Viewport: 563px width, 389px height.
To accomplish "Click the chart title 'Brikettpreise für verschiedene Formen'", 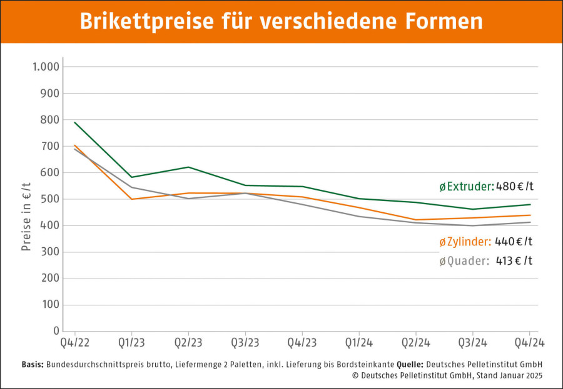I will (281, 21).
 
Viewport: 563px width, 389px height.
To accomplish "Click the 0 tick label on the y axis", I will (56, 332).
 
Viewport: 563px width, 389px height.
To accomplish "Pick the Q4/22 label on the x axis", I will (74, 343).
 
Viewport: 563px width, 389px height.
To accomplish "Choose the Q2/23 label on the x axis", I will (188, 343).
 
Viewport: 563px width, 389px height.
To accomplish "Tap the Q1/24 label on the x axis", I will (359, 343).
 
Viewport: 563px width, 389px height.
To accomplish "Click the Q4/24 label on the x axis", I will (528, 343).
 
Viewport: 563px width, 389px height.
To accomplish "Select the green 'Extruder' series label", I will (467, 187).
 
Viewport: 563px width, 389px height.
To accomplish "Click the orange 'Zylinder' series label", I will (465, 242).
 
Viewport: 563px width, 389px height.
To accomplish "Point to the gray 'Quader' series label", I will (464, 262).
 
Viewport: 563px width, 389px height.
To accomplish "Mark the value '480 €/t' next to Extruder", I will (515, 187).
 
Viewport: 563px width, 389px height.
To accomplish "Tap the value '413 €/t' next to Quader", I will (515, 262).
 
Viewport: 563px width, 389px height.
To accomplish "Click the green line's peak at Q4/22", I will (75, 122).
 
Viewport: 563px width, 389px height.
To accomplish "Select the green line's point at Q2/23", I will (188, 167).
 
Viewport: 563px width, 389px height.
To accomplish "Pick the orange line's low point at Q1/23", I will (131, 199).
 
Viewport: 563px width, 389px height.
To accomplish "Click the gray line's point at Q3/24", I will (473, 225).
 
